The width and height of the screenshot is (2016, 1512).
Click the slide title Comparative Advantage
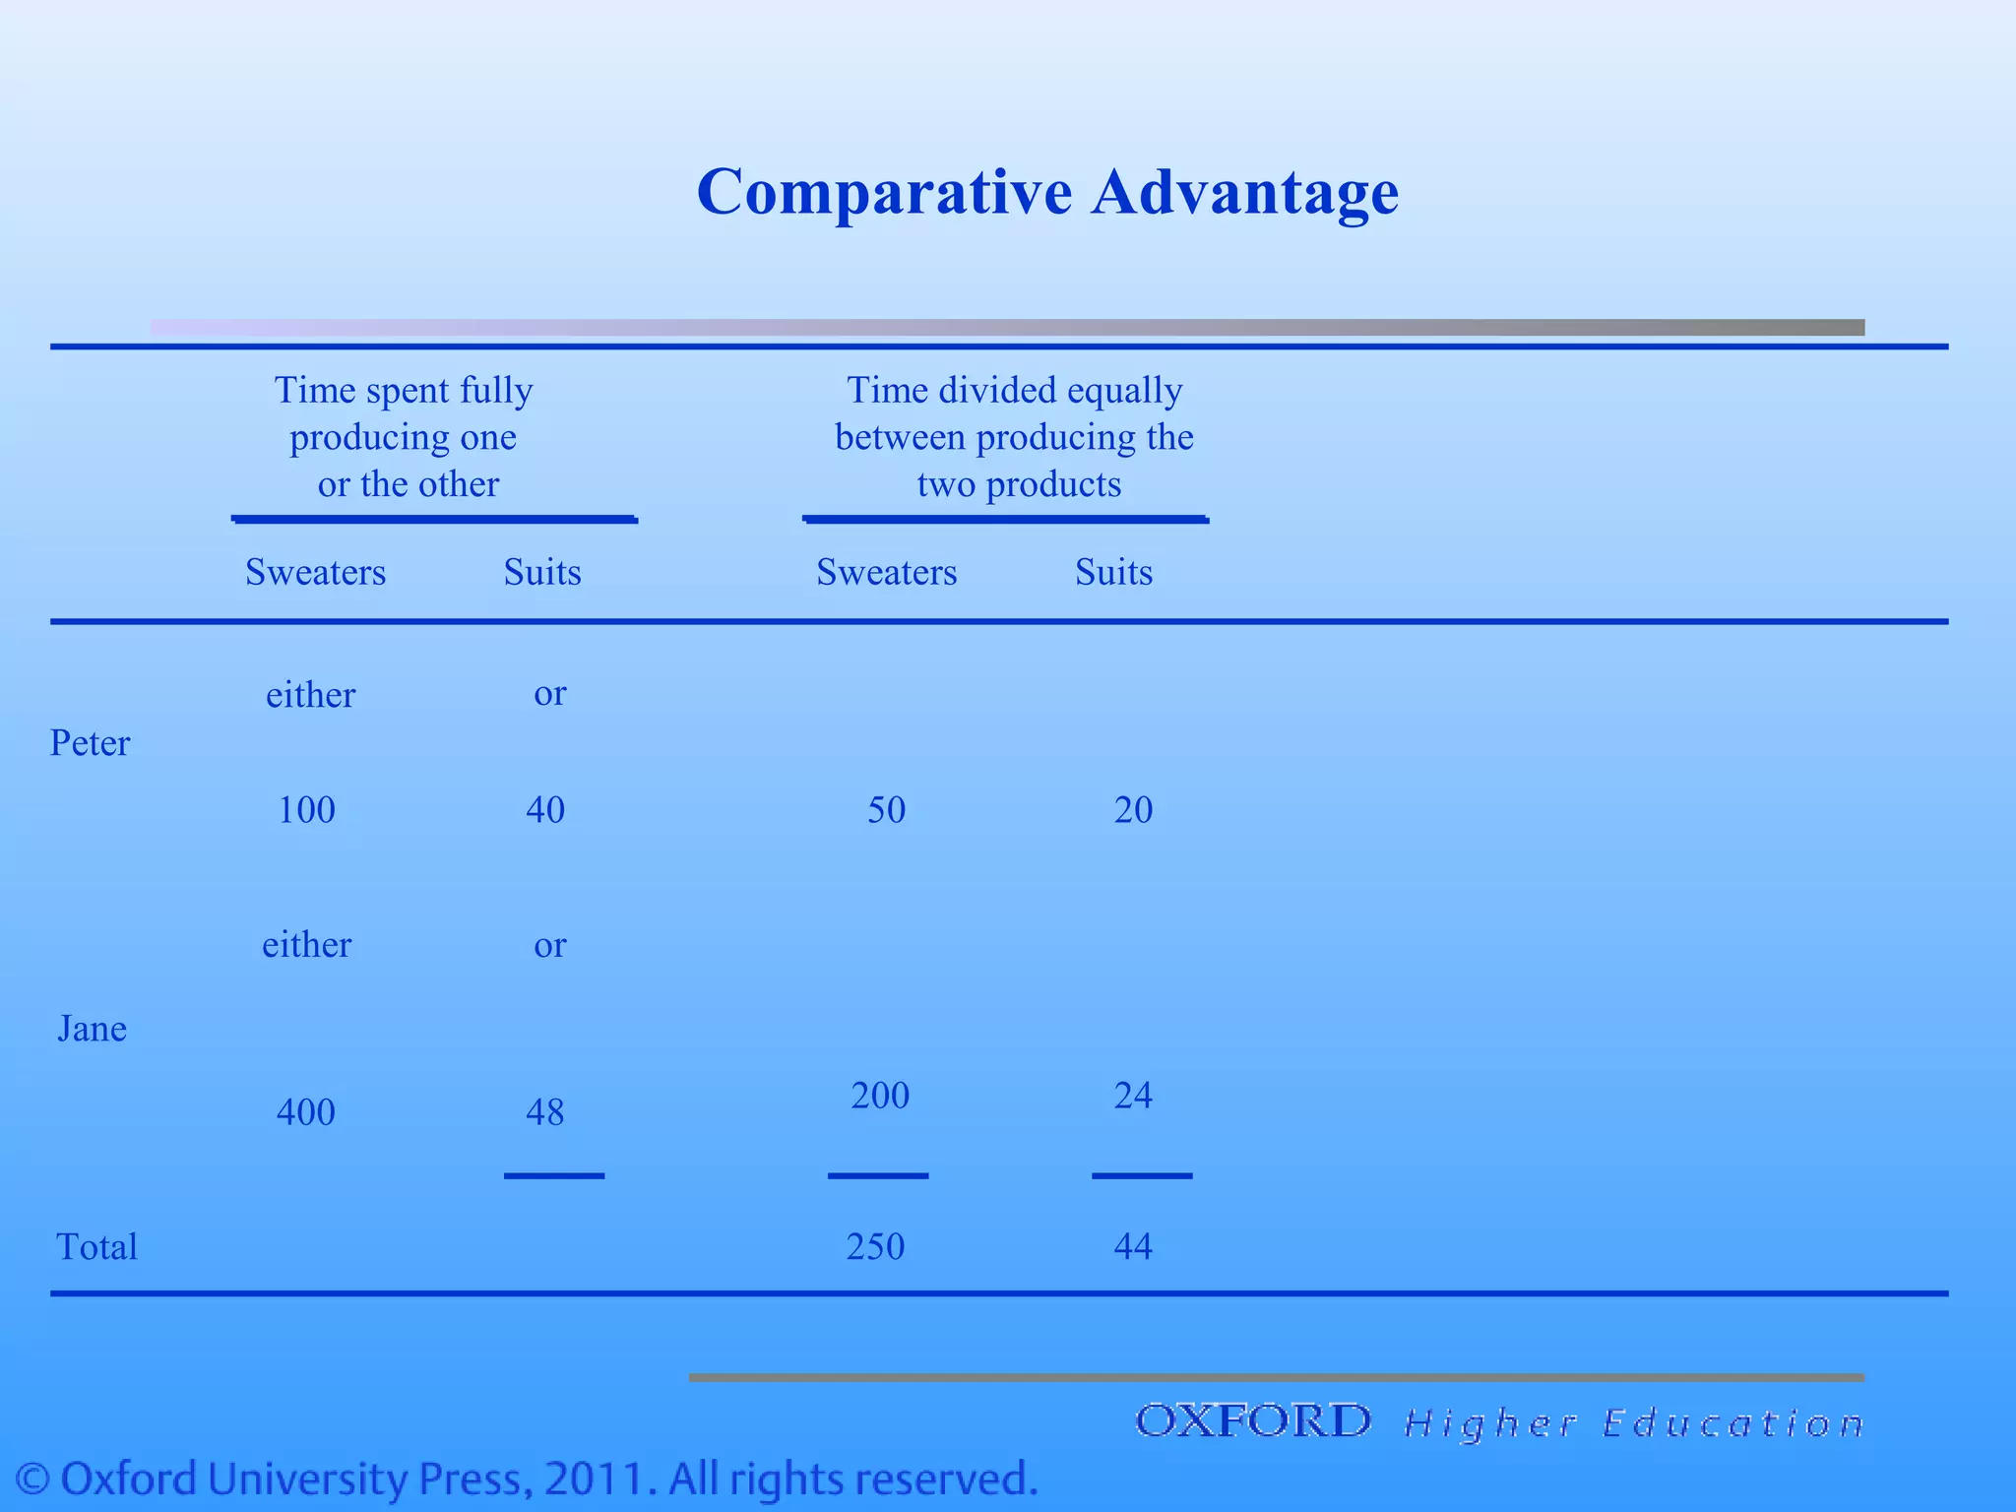tap(1046, 191)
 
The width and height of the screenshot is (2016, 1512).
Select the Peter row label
tap(90, 743)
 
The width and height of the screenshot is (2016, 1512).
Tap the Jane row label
tap(92, 1029)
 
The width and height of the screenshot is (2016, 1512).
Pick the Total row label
tap(96, 1247)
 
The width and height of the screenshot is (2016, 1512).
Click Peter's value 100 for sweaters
tap(306, 810)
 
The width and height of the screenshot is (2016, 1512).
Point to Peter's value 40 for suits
tap(544, 810)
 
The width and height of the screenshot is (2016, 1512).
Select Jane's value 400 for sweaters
tap(305, 1112)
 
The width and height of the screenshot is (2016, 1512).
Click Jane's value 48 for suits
tap(544, 1112)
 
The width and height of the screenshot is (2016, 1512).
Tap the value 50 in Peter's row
tap(886, 810)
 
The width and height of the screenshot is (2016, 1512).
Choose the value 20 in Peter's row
tap(1133, 810)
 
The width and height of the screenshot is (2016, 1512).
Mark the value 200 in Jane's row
tap(880, 1096)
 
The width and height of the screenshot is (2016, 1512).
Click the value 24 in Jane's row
tap(1133, 1096)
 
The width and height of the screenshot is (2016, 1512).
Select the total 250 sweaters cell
tap(875, 1247)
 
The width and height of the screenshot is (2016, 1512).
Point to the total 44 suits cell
tap(1133, 1247)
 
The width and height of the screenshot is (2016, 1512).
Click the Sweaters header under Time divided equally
tap(886, 573)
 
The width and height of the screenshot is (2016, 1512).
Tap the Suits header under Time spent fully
tap(542, 573)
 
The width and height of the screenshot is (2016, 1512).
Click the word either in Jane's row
tap(306, 945)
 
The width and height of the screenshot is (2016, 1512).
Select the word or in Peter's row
tap(549, 694)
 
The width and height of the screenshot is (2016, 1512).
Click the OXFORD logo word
tap(1252, 1421)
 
